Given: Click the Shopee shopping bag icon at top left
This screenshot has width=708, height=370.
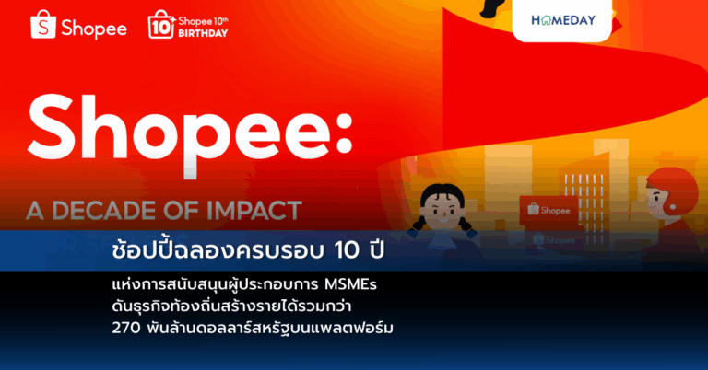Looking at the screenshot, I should (43, 25).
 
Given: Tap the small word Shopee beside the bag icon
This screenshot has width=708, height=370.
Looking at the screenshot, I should (93, 28).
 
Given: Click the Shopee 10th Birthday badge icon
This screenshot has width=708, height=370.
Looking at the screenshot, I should (160, 26).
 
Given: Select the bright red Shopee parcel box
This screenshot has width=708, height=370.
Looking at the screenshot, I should (548, 210).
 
